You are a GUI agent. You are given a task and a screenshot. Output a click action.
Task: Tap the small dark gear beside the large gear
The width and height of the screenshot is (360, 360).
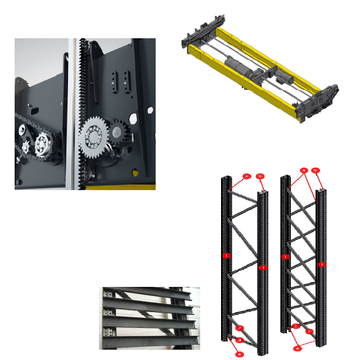117,132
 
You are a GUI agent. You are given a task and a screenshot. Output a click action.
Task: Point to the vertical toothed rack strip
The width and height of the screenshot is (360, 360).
83,84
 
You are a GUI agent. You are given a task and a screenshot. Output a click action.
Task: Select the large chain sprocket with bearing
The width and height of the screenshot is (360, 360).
43,146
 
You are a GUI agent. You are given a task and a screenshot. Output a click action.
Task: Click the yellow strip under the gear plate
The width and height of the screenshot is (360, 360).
121,186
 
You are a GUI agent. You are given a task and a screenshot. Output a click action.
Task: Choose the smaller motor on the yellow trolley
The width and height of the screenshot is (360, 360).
281,79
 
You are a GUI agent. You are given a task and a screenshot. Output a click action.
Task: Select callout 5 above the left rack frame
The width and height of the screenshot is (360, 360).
260,177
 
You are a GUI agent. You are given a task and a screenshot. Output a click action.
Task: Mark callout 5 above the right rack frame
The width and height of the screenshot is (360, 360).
316,170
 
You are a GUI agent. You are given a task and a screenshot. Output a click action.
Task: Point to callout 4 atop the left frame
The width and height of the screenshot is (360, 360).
246,177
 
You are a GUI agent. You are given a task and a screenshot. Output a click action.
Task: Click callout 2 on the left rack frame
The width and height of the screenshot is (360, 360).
240,328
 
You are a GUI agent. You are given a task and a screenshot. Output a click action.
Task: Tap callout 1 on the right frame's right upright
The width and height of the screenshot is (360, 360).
322,264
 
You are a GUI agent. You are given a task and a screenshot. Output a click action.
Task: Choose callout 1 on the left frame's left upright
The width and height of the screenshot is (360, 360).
226,255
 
